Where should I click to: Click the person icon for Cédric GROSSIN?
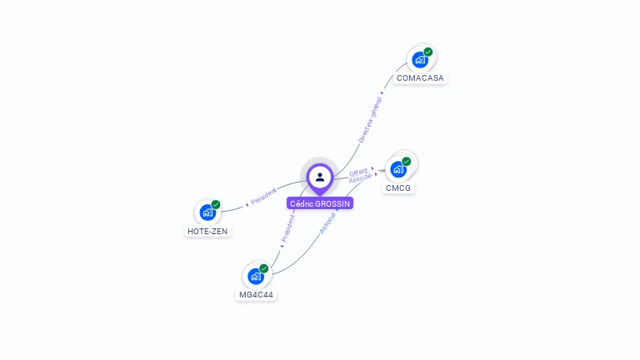320,177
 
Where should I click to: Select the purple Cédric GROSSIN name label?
320,203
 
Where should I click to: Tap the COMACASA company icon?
420,60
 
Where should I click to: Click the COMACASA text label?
421,78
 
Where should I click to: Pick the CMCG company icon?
398,169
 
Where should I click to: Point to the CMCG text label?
398,188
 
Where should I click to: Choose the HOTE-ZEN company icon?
207,212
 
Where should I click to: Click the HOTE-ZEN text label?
207,232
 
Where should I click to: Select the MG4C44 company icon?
256,277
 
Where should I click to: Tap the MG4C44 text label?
256,295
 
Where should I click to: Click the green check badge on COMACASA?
428,52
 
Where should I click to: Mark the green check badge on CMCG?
407,161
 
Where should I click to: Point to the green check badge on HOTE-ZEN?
216,204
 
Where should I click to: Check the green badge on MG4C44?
264,268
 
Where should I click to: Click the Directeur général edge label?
370,119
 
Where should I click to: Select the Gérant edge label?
358,171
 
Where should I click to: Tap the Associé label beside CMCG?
361,178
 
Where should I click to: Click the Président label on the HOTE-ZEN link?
263,196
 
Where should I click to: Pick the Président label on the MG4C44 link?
287,228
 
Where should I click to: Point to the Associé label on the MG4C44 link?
328,222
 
